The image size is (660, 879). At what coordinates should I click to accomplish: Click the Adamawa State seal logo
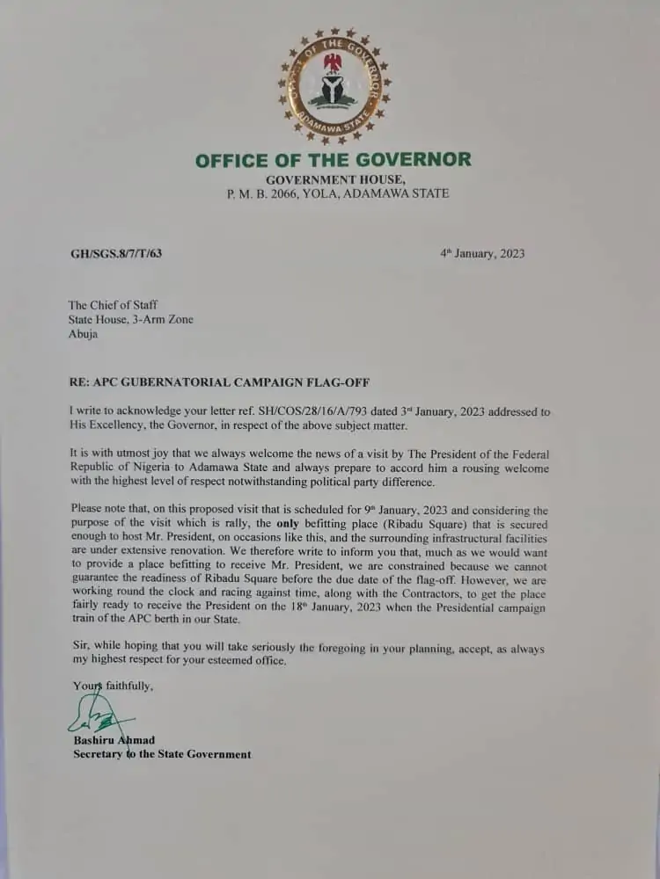334,85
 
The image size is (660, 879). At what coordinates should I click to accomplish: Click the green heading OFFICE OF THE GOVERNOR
333,160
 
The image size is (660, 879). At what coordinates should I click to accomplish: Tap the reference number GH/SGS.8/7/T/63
115,254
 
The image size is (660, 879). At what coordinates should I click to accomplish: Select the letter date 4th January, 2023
482,253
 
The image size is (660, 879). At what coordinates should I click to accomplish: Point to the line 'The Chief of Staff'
114,305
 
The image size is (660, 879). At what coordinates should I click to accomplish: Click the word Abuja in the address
84,334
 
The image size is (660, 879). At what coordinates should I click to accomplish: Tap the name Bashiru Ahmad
114,740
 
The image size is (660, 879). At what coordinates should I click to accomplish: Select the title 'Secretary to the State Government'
162,754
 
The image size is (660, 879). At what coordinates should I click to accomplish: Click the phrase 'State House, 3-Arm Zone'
131,320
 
